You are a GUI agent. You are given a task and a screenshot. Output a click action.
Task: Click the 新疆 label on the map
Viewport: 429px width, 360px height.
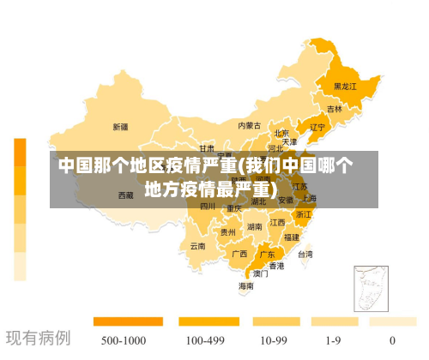point(120,127)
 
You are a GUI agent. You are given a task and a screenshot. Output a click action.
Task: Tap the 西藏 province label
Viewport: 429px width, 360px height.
point(125,195)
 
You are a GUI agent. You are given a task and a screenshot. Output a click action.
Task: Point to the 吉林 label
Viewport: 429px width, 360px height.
point(334,110)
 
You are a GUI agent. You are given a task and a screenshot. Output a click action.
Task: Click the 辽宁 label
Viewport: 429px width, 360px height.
point(317,128)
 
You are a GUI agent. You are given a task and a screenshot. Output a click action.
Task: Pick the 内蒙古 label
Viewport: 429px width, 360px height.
point(252,125)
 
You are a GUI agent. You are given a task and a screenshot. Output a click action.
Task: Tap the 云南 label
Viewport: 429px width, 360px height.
point(197,246)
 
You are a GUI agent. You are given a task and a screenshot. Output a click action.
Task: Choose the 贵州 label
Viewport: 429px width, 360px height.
point(227,231)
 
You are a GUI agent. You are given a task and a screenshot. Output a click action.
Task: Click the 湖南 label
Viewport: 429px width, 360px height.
point(255,227)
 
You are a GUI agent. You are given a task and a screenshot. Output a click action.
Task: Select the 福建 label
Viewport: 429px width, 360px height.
point(292,237)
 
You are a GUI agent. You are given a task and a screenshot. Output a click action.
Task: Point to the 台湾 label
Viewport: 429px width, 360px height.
point(305,254)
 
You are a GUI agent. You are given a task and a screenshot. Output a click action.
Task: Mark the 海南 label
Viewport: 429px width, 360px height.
point(245,286)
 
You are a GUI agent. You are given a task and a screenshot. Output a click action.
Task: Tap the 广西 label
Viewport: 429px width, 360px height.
point(239,254)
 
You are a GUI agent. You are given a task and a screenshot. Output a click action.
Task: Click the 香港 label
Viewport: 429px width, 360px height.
point(276,266)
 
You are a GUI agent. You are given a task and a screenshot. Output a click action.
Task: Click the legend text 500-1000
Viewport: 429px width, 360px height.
point(124,340)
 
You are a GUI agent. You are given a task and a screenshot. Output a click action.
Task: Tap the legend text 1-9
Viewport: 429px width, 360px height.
point(330,340)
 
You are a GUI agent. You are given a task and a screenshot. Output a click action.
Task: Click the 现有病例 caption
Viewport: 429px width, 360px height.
point(39,339)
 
